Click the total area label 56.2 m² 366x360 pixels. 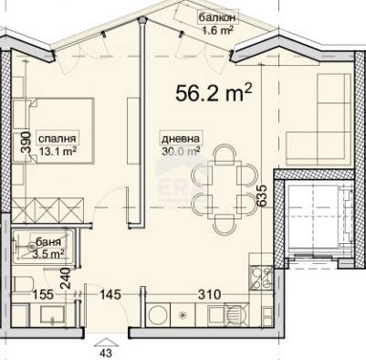point(214,92)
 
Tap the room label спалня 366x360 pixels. point(57,139)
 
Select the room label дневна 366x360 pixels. point(181,139)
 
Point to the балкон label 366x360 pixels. point(217,17)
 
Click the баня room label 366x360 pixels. point(48,242)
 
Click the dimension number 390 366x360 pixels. point(26,142)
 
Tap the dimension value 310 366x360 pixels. point(209,294)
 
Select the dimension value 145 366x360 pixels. point(110,294)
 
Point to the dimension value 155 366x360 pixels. point(43,294)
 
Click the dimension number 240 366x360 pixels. point(66,278)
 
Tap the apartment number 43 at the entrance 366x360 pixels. point(106,354)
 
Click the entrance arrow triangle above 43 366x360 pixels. point(106,343)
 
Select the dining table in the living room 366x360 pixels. point(225,189)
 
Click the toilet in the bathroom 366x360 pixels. point(23,284)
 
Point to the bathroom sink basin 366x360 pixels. point(52,314)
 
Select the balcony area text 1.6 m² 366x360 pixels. point(218,30)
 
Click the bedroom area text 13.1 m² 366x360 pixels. point(58,151)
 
